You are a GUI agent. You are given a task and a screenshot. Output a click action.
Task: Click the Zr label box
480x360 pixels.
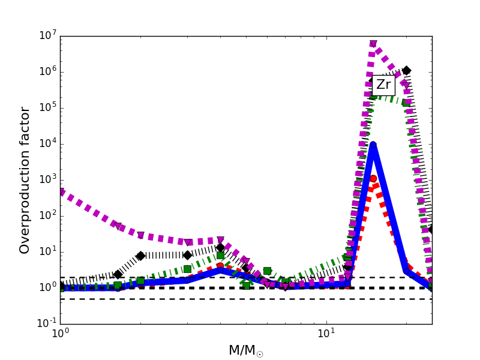(383, 85)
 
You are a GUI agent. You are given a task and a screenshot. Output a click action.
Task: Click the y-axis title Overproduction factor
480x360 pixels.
(25, 180)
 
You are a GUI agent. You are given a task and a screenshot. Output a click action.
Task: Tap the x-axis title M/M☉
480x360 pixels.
(245, 350)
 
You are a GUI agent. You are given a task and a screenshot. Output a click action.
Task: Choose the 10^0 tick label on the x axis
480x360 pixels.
(60, 334)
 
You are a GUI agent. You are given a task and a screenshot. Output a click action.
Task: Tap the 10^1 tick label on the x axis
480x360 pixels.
(326, 334)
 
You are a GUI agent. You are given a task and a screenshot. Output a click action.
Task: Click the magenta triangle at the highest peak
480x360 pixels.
(373, 44)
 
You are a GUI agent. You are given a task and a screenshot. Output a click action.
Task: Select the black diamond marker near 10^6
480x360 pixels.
(406, 71)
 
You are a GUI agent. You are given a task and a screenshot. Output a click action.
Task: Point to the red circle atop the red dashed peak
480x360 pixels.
(373, 178)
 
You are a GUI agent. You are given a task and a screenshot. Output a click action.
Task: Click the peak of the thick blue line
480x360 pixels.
(373, 145)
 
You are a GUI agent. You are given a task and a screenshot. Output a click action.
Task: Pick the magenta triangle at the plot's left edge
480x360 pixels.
(61, 192)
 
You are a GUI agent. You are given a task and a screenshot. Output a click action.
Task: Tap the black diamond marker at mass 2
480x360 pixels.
(140, 256)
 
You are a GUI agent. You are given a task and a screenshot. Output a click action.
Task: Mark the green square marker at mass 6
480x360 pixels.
(267, 271)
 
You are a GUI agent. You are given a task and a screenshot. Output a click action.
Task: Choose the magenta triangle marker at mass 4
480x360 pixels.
(220, 240)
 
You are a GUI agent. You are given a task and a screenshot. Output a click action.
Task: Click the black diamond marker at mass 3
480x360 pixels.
(187, 255)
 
